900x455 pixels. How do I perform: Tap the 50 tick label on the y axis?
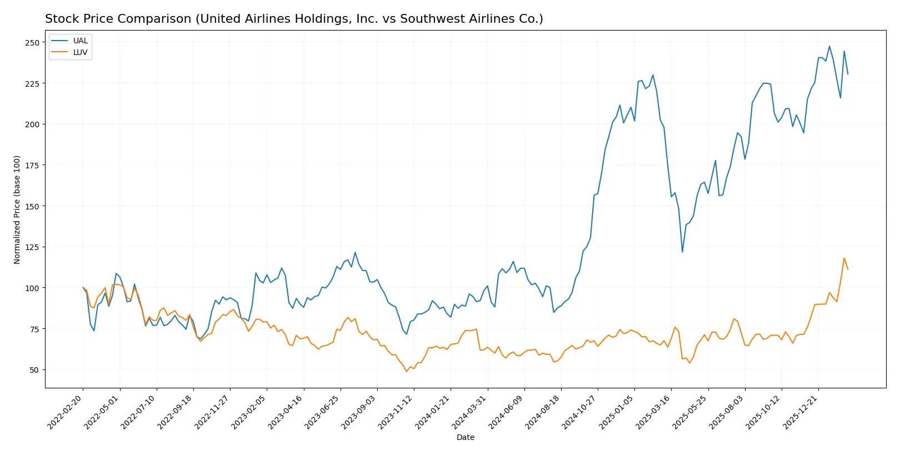(34, 370)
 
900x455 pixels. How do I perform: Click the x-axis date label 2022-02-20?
(66, 412)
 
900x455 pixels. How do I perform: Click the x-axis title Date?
(465, 438)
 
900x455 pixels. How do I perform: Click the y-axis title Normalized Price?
(17, 209)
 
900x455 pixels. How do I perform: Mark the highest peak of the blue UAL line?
(829, 46)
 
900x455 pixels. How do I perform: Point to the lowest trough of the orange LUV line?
(407, 371)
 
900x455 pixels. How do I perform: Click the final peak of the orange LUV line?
(844, 258)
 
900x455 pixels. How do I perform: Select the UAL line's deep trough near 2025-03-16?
(682, 252)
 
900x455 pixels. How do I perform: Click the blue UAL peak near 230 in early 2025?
(653, 75)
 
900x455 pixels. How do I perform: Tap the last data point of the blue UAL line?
(848, 74)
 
